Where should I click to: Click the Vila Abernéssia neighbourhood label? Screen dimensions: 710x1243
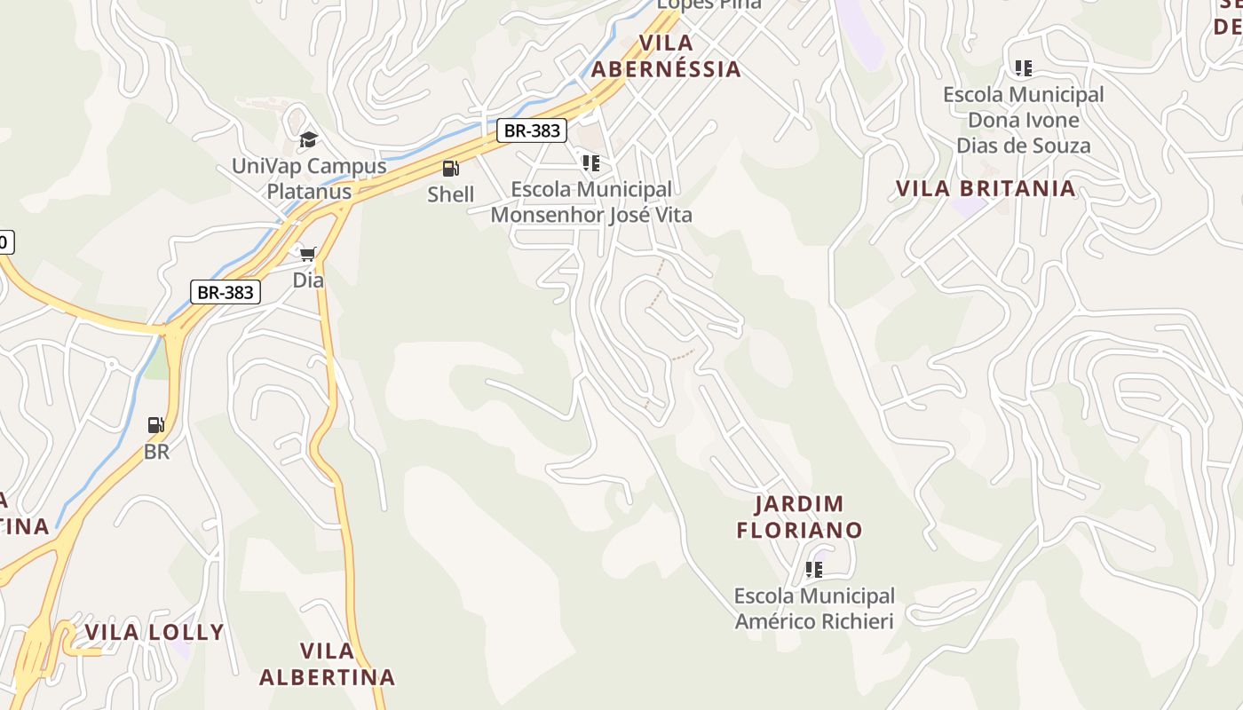point(666,56)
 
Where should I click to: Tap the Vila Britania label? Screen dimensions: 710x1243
point(986,188)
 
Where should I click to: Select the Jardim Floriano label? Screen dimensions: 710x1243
point(799,517)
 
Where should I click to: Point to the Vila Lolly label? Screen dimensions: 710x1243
point(154,632)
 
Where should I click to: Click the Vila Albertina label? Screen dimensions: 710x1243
point(327,664)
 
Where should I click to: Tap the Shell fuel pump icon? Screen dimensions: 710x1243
point(450,168)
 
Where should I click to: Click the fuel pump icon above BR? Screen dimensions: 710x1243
point(156,425)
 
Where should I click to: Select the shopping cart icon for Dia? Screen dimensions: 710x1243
point(307,255)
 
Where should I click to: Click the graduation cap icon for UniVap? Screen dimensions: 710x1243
point(308,139)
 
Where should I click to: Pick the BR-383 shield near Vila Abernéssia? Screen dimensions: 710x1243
point(531,130)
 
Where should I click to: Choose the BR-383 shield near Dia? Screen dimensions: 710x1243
point(226,292)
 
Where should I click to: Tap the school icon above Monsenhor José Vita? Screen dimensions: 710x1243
point(590,163)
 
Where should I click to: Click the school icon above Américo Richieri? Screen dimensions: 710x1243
point(813,570)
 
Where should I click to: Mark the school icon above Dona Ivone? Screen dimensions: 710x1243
point(1023,67)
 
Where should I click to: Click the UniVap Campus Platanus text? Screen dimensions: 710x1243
point(309,178)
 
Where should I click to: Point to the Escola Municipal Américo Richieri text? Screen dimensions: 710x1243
point(814,608)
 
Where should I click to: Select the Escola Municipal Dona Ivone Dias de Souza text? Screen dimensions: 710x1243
point(1023,120)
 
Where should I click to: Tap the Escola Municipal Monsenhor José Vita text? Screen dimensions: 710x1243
point(591,202)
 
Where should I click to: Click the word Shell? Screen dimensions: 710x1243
point(450,194)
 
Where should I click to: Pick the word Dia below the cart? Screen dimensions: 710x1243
point(308,280)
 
